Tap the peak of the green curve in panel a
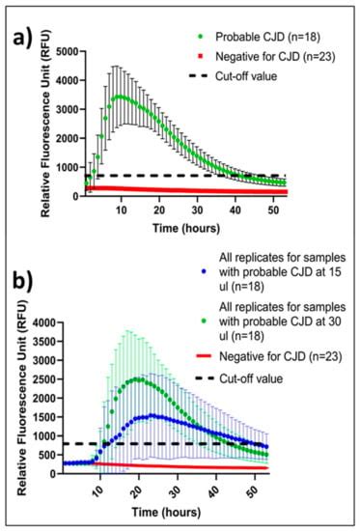click(120, 97)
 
